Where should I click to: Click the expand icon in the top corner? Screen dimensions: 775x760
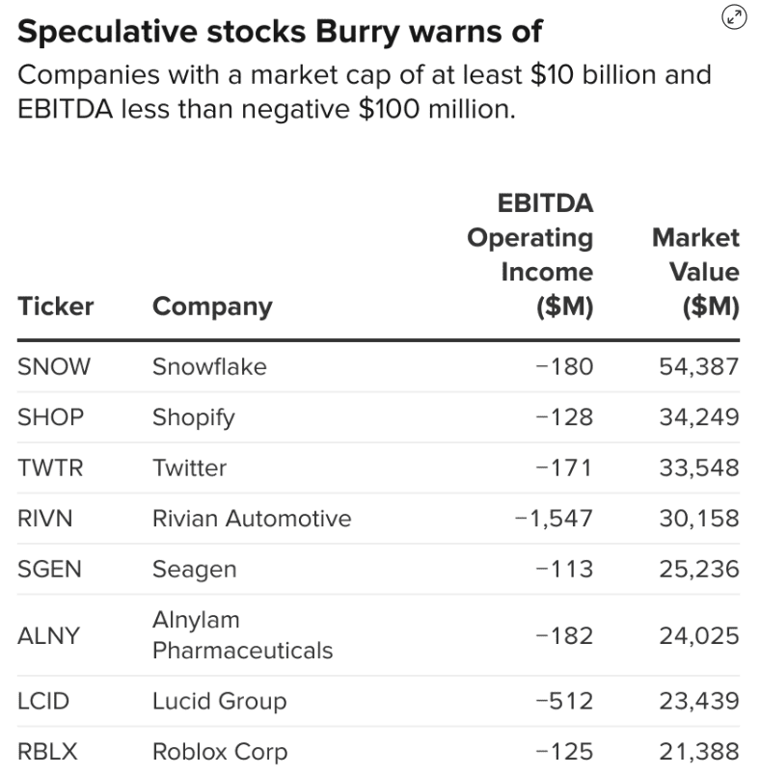point(734,16)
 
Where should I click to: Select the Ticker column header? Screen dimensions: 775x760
point(55,307)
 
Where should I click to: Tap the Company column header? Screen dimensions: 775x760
point(212,307)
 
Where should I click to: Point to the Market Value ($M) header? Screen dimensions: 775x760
point(695,272)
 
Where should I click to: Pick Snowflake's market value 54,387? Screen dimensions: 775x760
point(699,366)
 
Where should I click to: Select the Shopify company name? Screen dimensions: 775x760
point(193,417)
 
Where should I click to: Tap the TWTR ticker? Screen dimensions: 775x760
point(50,468)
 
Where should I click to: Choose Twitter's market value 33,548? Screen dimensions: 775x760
point(699,468)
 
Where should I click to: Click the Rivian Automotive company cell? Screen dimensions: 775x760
point(252,519)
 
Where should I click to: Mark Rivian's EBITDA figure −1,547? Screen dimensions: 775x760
point(554,519)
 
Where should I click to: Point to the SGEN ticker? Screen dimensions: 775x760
point(49,570)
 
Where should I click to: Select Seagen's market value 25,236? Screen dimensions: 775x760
point(699,570)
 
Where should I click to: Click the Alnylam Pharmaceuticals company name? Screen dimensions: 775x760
point(242,635)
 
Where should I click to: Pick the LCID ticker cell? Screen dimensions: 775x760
point(43,701)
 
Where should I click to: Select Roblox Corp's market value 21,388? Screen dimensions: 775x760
point(699,752)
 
